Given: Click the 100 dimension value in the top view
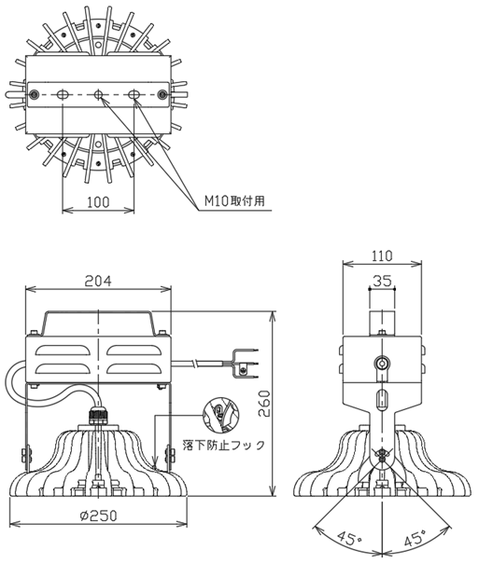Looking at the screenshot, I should click(97, 202).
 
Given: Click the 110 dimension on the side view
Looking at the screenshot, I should click(380, 256).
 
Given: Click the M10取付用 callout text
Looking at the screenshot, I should click(235, 201).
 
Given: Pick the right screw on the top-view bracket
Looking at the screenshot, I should click(162, 95).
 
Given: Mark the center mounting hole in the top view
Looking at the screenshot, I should click(98, 95).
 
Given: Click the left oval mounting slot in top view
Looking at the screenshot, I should click(63, 95).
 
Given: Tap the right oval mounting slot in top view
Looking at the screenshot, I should click(134, 95).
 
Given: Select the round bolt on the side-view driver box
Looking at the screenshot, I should click(380, 363).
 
